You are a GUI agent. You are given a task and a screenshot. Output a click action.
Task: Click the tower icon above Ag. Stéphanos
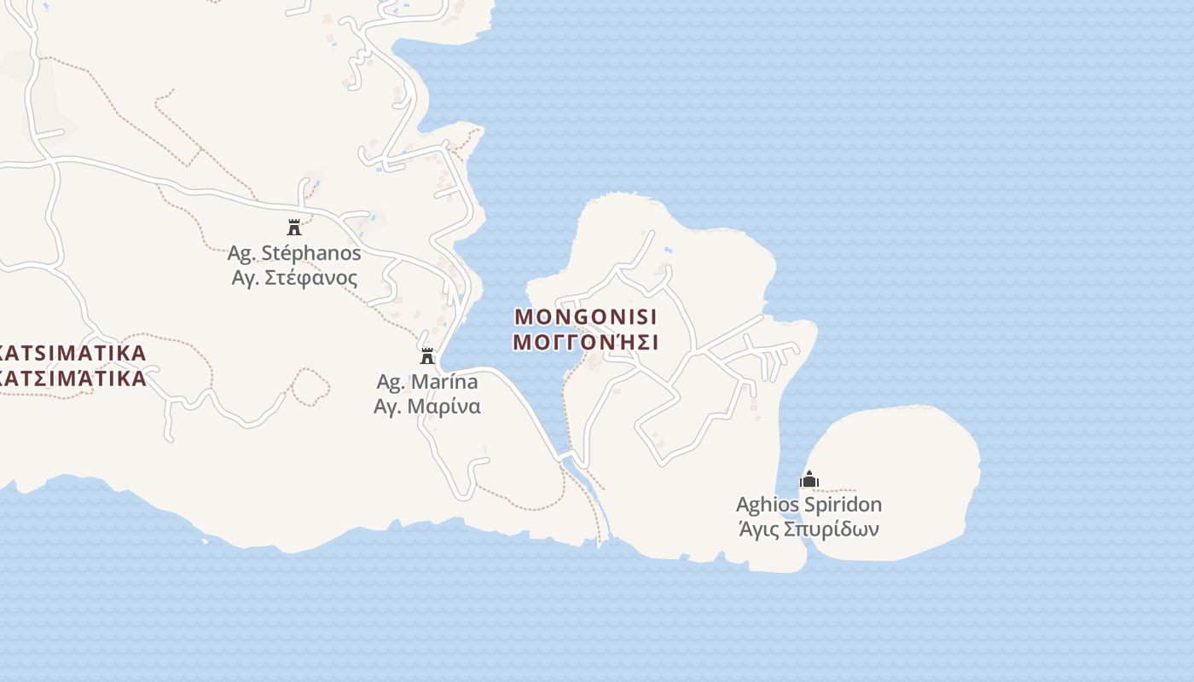tap(294, 227)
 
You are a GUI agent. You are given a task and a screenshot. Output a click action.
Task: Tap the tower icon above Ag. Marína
tap(427, 355)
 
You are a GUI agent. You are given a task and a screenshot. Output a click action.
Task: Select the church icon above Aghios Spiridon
tap(809, 479)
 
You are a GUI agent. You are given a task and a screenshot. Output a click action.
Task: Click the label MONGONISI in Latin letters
tap(586, 317)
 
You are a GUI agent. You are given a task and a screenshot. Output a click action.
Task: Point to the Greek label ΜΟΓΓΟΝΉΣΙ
tap(586, 343)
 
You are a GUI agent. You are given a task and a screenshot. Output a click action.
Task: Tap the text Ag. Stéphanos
tap(294, 253)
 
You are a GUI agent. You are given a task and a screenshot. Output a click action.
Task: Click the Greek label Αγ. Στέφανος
tap(294, 278)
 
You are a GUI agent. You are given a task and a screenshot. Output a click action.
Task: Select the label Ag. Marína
tap(427, 381)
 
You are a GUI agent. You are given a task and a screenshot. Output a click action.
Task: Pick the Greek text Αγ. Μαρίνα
tap(427, 406)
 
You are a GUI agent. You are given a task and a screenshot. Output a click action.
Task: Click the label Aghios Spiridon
tap(809, 505)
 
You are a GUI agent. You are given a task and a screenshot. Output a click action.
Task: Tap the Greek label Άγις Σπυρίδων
tap(809, 529)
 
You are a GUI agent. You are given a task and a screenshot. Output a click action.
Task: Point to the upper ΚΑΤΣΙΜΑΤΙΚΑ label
tap(73, 353)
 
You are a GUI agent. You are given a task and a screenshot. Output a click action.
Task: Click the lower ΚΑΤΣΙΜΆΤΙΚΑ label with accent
tap(73, 379)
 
